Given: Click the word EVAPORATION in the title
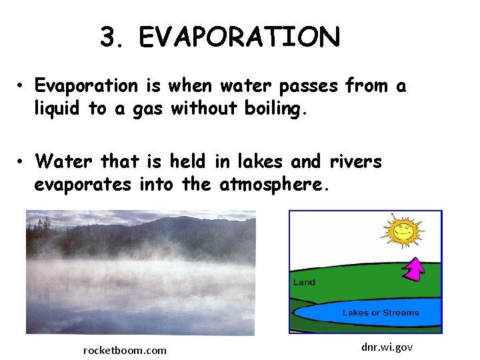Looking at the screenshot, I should click(239, 37).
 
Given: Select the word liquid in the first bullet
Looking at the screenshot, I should click(57, 109).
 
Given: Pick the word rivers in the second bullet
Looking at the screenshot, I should click(355, 161).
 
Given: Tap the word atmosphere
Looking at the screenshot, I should click(274, 185).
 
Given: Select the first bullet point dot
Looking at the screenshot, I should click(22, 86).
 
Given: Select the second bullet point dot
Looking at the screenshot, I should click(22, 162).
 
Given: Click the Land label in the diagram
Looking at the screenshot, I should click(304, 283).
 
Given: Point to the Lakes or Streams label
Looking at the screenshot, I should click(381, 313).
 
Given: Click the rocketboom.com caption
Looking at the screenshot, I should click(125, 350).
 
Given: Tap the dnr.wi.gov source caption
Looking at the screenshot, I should click(387, 347).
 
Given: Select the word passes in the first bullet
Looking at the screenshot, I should click(306, 86).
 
